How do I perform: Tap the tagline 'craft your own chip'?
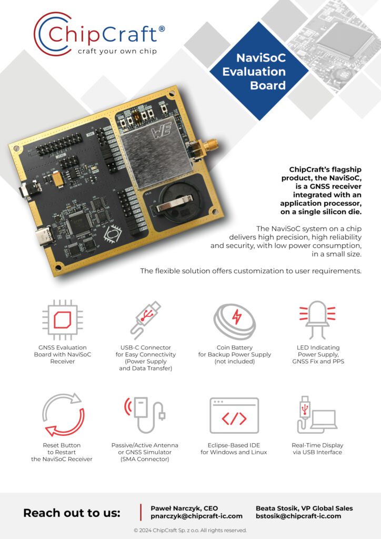tap(117, 51)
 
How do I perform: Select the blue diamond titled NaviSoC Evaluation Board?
tap(254, 72)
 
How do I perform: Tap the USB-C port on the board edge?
tap(41, 239)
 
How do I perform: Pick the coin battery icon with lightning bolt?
tap(235, 320)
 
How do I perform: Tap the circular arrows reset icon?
tap(63, 415)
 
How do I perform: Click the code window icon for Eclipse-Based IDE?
tap(234, 415)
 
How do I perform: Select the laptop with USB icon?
tap(316, 415)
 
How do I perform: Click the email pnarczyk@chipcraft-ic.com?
tap(196, 516)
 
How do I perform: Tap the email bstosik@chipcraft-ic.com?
tap(298, 516)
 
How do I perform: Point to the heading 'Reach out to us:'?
tap(72, 513)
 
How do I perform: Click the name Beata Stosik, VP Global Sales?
tap(304, 508)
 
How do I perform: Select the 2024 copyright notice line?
tap(190, 530)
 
